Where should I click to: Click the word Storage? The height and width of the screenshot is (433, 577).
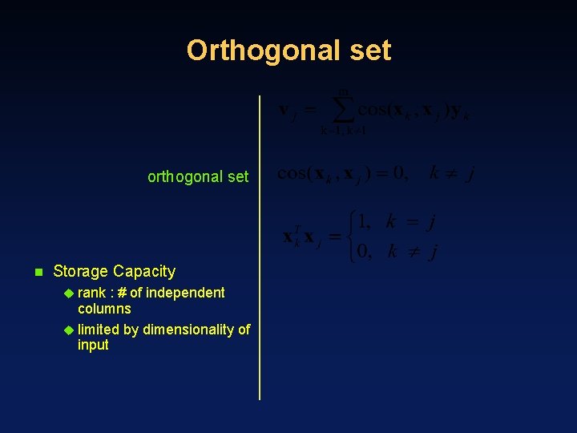coord(81,271)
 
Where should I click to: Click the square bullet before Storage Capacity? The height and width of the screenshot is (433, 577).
coord(37,272)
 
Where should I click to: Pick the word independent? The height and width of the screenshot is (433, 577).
coord(187,293)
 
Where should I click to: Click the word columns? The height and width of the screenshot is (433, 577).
coord(104,309)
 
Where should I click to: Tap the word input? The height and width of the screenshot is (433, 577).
coord(93,346)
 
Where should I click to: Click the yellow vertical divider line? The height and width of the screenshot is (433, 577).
coord(260,241)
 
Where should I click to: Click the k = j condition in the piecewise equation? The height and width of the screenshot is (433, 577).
coord(410,221)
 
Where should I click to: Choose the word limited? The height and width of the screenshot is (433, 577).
coord(98,330)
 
